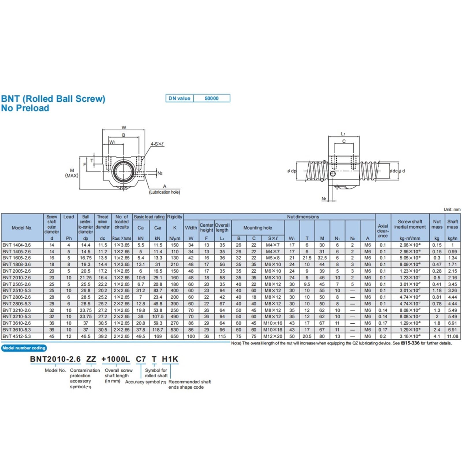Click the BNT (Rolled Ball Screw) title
click(53, 99)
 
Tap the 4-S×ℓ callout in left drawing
click(157, 144)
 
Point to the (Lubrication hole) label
click(165, 192)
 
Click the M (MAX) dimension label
click(72, 173)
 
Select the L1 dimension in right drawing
click(343, 134)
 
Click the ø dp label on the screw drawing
click(292, 171)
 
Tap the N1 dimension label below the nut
click(324, 199)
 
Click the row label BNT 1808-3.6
click(17, 264)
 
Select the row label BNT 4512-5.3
click(17, 336)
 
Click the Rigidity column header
click(175, 217)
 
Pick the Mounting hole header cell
click(258, 228)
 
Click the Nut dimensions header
click(303, 217)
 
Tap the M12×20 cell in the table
click(273, 336)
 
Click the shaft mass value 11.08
click(452, 336)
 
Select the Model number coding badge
click(24, 348)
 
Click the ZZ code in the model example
click(91, 359)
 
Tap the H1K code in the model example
click(170, 359)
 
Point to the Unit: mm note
click(452, 210)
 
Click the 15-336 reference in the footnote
click(412, 343)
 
